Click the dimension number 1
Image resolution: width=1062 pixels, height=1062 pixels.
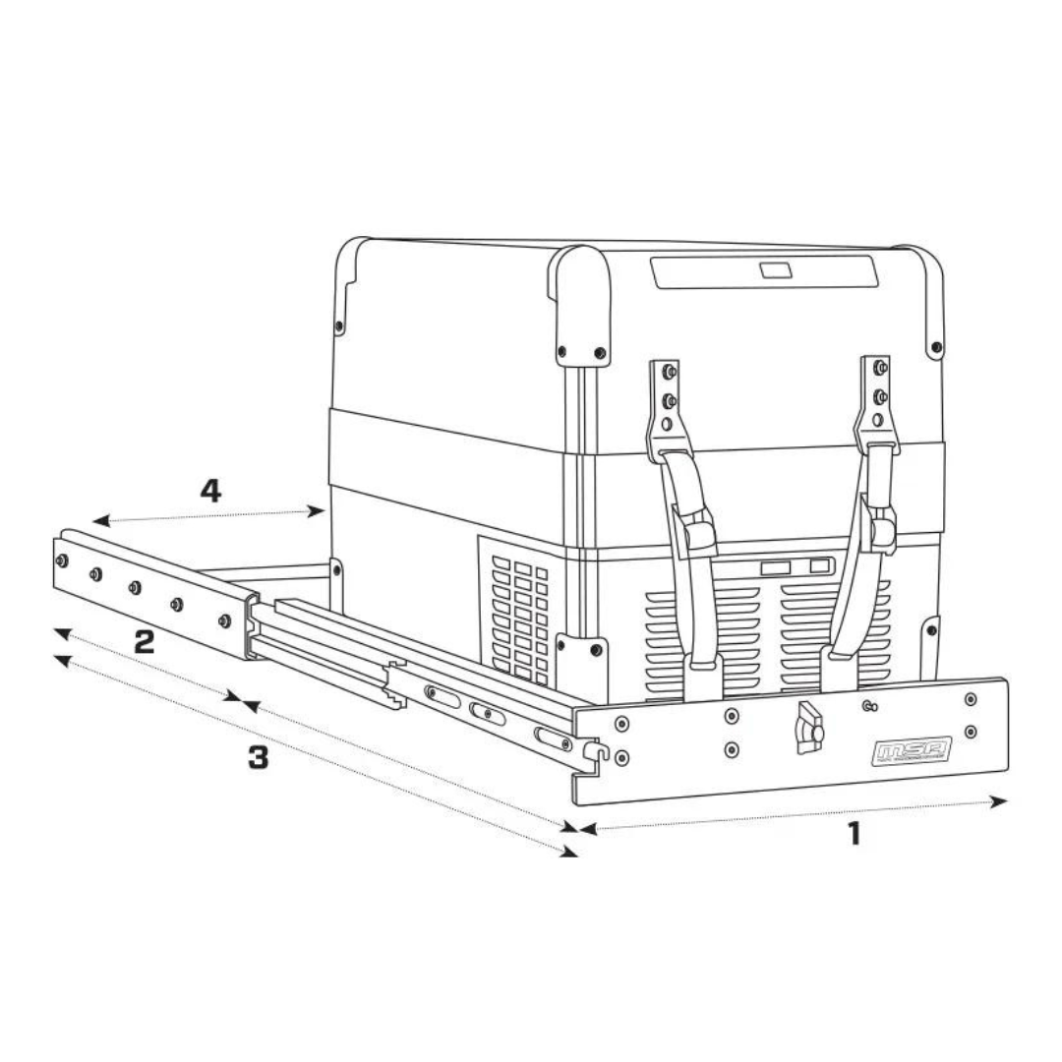tap(854, 834)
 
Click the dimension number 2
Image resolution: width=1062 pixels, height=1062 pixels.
tap(144, 643)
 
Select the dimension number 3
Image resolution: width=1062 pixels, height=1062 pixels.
tap(257, 758)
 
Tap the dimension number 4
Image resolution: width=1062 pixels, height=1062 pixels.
tap(210, 491)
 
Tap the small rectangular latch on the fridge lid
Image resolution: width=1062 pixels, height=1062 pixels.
tap(773, 269)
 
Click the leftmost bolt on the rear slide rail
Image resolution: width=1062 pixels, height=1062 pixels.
tap(62, 560)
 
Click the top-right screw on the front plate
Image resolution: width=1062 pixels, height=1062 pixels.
tap(972, 699)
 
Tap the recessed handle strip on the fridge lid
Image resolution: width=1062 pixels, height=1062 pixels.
tap(762, 271)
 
